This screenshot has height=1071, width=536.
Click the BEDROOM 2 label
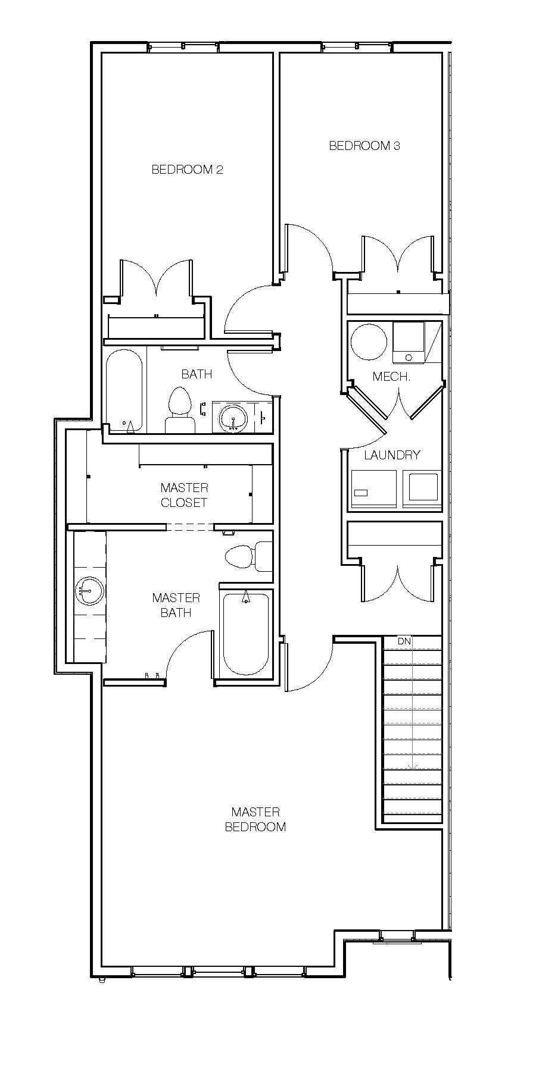(187, 170)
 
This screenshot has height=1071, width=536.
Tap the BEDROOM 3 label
(364, 145)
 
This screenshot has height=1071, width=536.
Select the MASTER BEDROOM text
(255, 819)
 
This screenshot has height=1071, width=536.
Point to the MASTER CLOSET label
(184, 495)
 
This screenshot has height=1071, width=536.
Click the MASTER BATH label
(176, 605)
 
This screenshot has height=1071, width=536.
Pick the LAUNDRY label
(392, 455)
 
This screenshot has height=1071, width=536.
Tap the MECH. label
(391, 377)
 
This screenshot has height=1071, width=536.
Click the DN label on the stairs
(404, 641)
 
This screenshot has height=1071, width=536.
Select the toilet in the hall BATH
(180, 411)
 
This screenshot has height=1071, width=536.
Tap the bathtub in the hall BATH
(124, 390)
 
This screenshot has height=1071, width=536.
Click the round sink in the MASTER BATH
(90, 591)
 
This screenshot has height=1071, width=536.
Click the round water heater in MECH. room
(369, 342)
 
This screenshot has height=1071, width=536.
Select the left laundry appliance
(373, 488)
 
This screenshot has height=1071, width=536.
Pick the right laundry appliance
(422, 488)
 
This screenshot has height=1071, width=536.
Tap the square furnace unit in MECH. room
(409, 342)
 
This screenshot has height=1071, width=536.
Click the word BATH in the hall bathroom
(197, 374)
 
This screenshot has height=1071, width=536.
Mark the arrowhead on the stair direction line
(412, 768)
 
